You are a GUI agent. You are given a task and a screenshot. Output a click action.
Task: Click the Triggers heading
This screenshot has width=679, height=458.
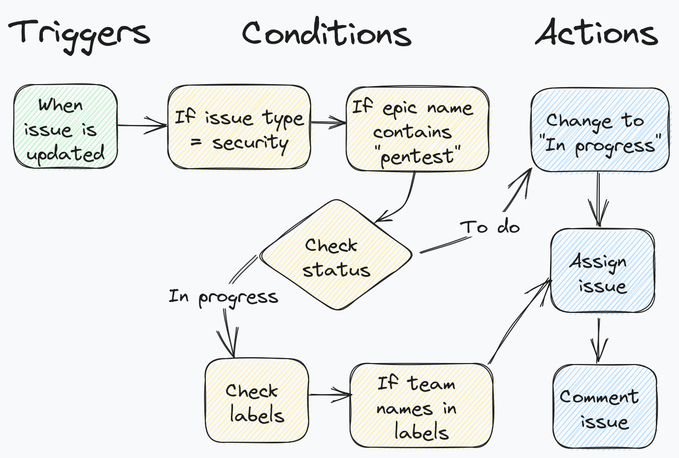pyautogui.click(x=79, y=33)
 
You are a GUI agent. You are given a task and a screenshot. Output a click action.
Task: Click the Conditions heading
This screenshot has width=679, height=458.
pyautogui.click(x=326, y=33)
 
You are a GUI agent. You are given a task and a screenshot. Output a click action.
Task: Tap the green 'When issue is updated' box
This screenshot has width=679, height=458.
pyautogui.click(x=65, y=127)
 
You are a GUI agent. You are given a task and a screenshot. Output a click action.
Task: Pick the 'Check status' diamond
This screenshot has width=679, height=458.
pyautogui.click(x=336, y=256)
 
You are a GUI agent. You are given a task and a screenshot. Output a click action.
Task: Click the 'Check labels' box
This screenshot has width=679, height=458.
pyautogui.click(x=257, y=400)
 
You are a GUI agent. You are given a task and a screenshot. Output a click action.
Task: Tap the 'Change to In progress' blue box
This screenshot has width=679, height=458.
pyautogui.click(x=600, y=130)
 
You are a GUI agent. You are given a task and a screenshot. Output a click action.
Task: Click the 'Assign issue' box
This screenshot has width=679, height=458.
pyautogui.click(x=602, y=271)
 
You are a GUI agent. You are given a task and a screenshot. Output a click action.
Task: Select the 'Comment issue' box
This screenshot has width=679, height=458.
pyautogui.click(x=604, y=407)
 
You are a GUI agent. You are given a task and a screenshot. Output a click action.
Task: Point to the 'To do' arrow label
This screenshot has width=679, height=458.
pyautogui.click(x=490, y=227)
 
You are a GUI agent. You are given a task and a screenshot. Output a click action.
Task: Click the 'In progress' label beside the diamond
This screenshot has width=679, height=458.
pyautogui.click(x=223, y=297)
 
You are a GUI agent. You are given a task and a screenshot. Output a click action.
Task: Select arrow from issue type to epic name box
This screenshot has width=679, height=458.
pyautogui.click(x=328, y=122)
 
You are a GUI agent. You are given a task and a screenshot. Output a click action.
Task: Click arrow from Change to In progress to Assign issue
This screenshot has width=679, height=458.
pyautogui.click(x=598, y=199)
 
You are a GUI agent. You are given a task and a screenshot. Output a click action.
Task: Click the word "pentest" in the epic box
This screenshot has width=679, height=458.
pyautogui.click(x=418, y=156)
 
